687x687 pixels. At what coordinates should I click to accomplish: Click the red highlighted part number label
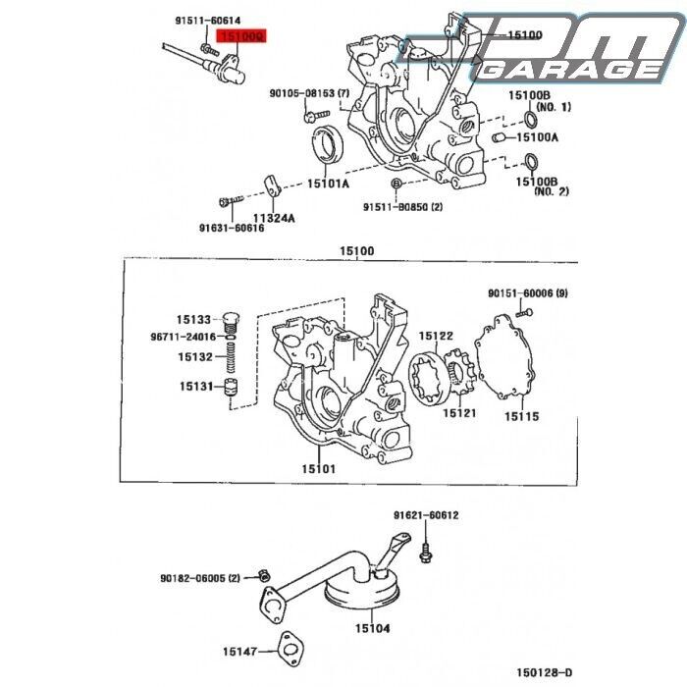(x=241, y=37)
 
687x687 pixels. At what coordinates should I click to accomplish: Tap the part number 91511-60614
(x=208, y=21)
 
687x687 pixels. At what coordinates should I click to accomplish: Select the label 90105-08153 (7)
(x=309, y=94)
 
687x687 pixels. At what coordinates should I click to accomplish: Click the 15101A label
(x=328, y=183)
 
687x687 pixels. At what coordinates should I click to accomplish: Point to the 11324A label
(x=274, y=218)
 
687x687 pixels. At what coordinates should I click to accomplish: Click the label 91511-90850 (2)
(x=402, y=207)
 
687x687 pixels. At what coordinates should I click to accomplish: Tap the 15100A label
(x=536, y=137)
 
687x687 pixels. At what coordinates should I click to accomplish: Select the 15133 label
(x=193, y=320)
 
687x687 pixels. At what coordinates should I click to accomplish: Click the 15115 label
(x=522, y=416)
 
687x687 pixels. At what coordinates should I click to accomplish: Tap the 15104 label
(x=372, y=628)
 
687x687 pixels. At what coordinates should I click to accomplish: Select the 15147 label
(x=239, y=651)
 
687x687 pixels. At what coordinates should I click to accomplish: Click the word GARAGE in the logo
(x=574, y=70)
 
